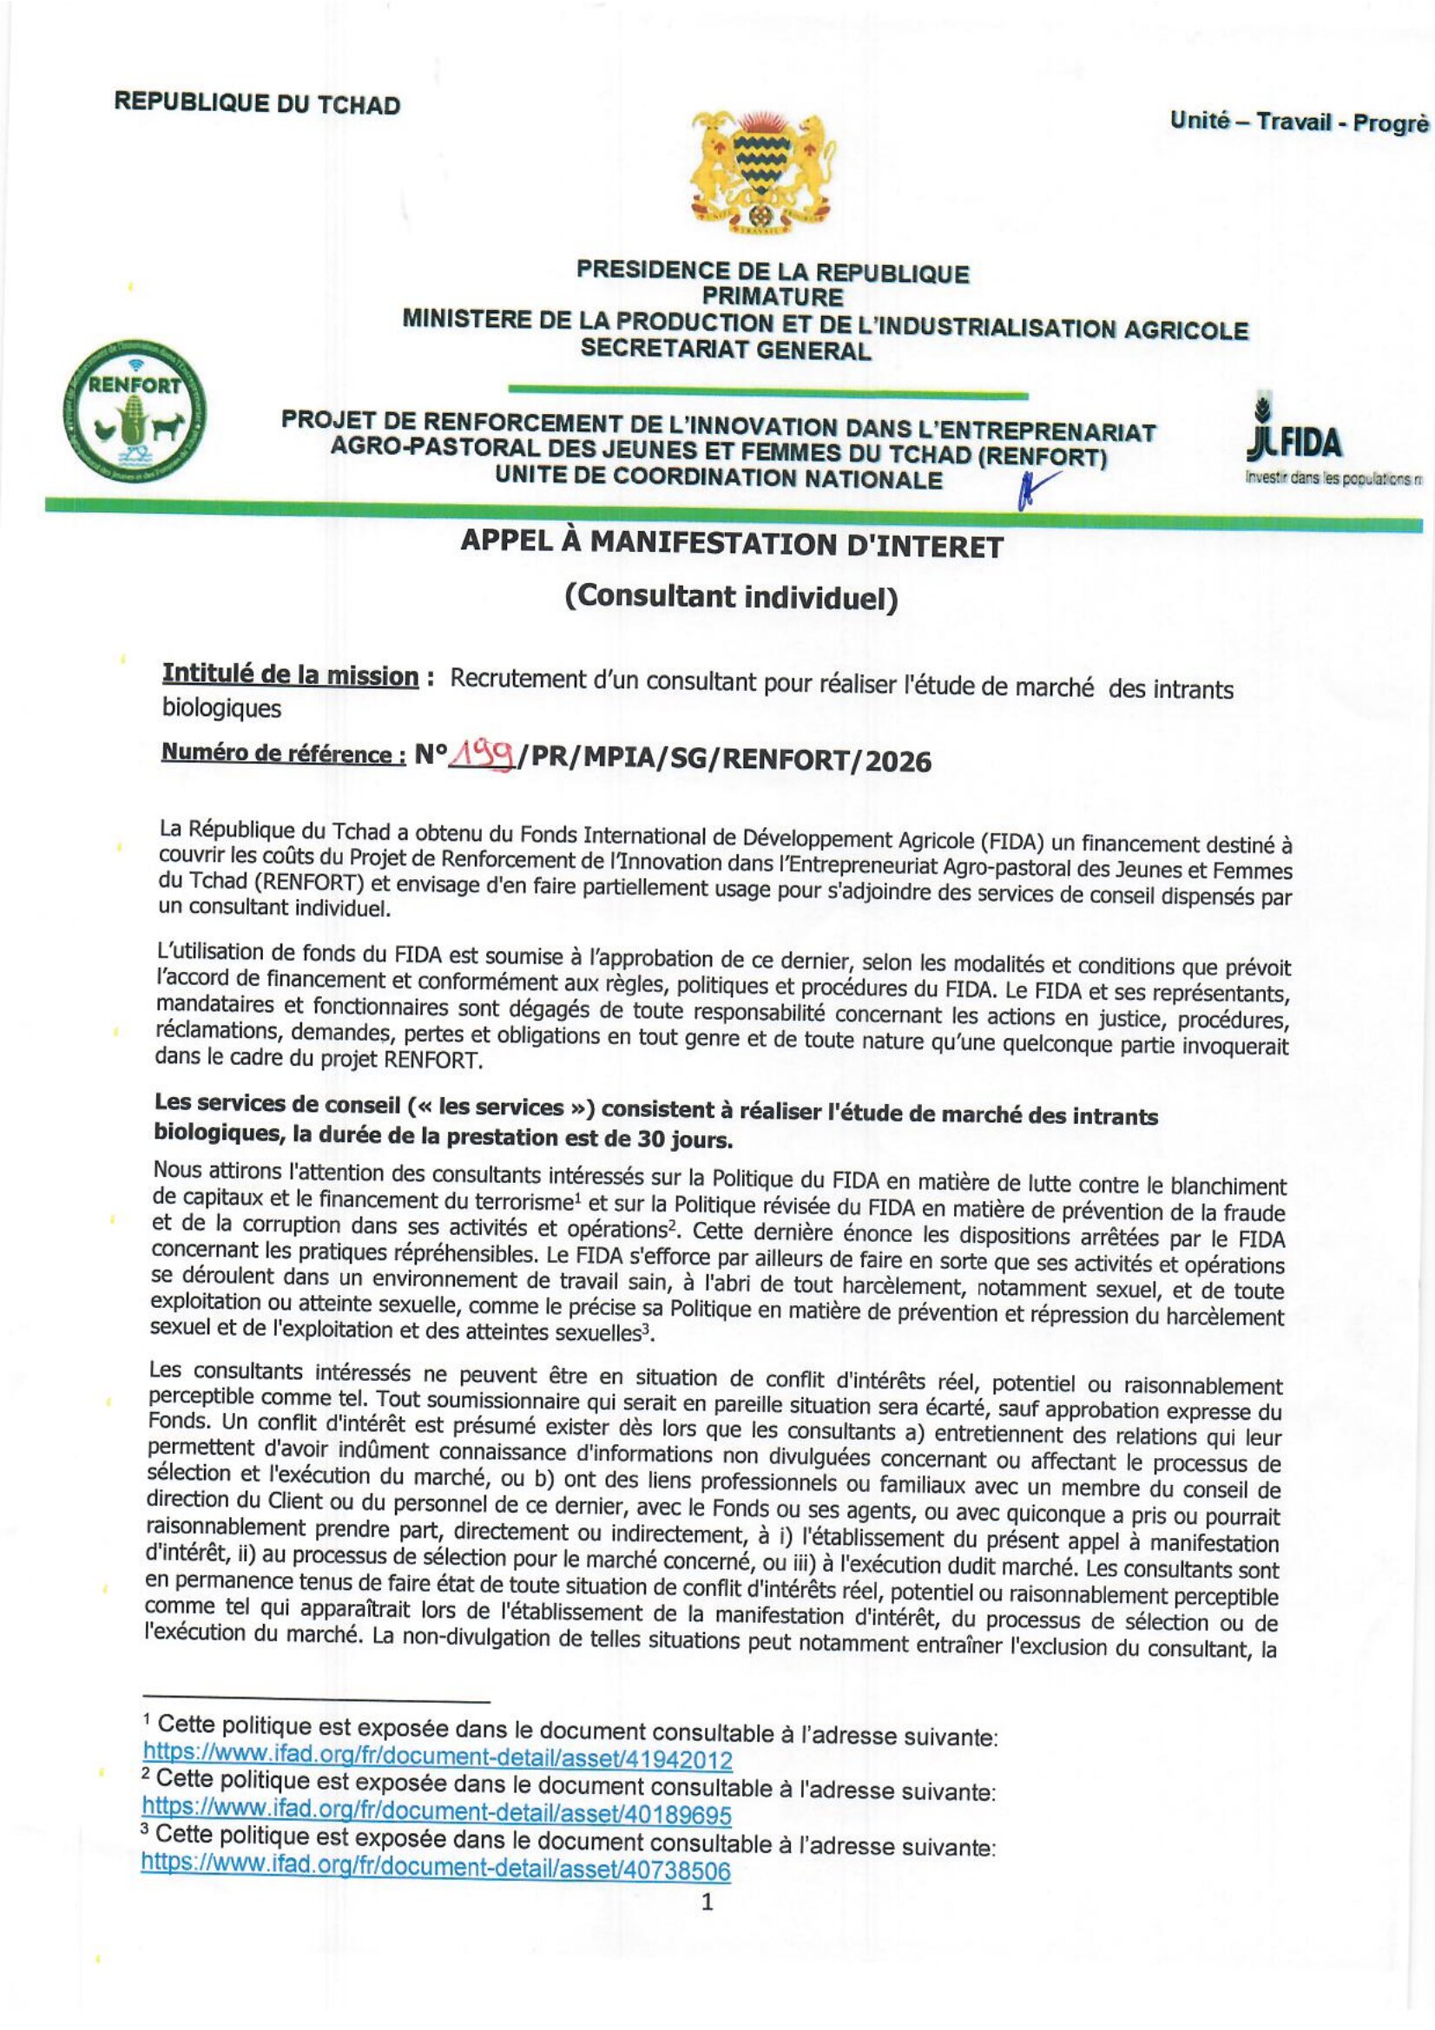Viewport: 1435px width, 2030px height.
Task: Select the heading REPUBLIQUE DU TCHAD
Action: tap(256, 103)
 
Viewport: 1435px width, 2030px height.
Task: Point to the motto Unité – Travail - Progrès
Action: tap(1298, 123)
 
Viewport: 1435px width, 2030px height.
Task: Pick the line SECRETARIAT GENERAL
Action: tap(725, 349)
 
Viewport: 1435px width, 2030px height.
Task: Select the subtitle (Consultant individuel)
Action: tap(731, 598)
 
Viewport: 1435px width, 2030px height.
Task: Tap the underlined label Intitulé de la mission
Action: tap(289, 675)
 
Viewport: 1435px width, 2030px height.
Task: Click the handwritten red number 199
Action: tap(484, 754)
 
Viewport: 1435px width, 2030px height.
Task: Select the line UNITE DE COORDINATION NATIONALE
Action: tap(718, 478)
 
